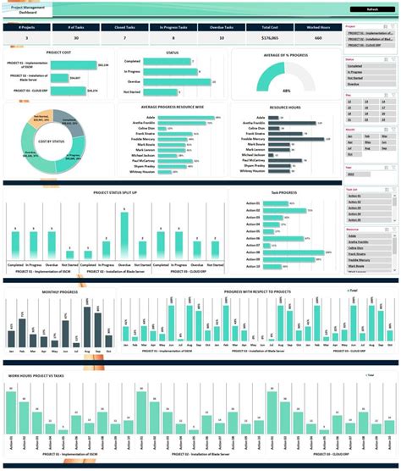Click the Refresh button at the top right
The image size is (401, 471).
pyautogui.click(x=372, y=9)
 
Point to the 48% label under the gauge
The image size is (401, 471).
pyautogui.click(x=287, y=90)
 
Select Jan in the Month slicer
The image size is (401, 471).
pyautogui.click(x=353, y=135)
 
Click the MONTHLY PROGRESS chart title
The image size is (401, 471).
pyautogui.click(x=59, y=291)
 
